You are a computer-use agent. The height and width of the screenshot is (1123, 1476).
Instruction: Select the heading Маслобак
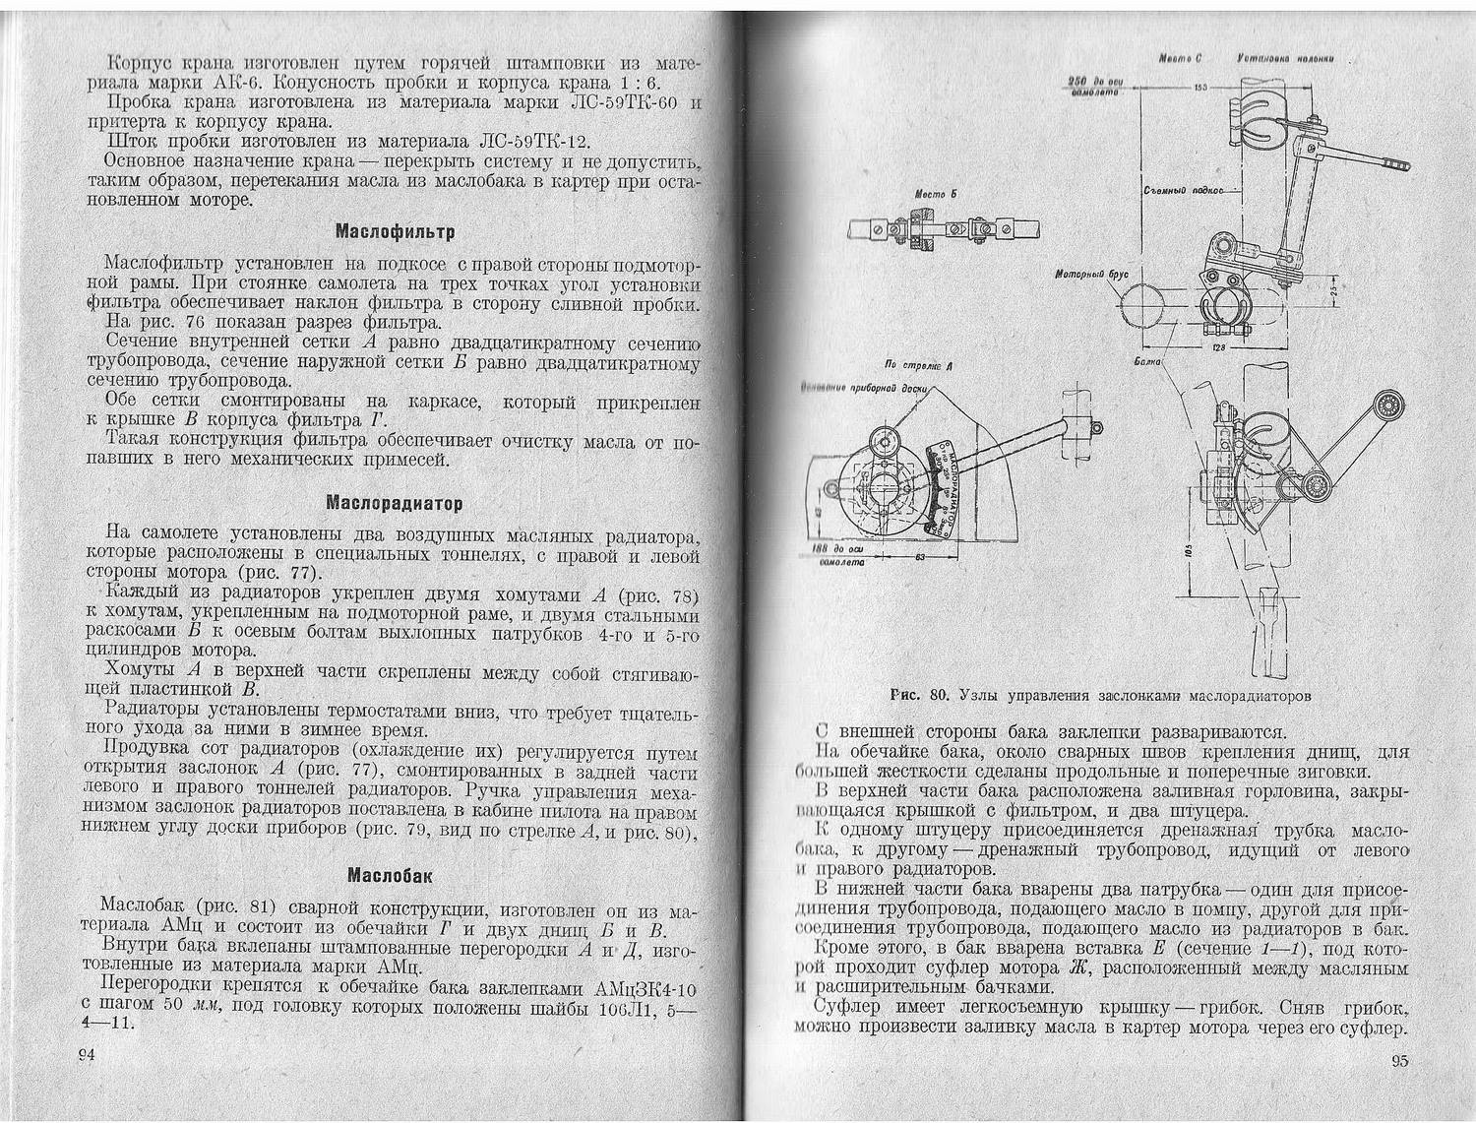click(x=392, y=875)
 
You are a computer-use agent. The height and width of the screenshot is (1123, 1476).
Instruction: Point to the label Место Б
click(x=929, y=194)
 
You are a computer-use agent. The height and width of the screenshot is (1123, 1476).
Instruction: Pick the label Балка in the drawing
click(x=1147, y=361)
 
